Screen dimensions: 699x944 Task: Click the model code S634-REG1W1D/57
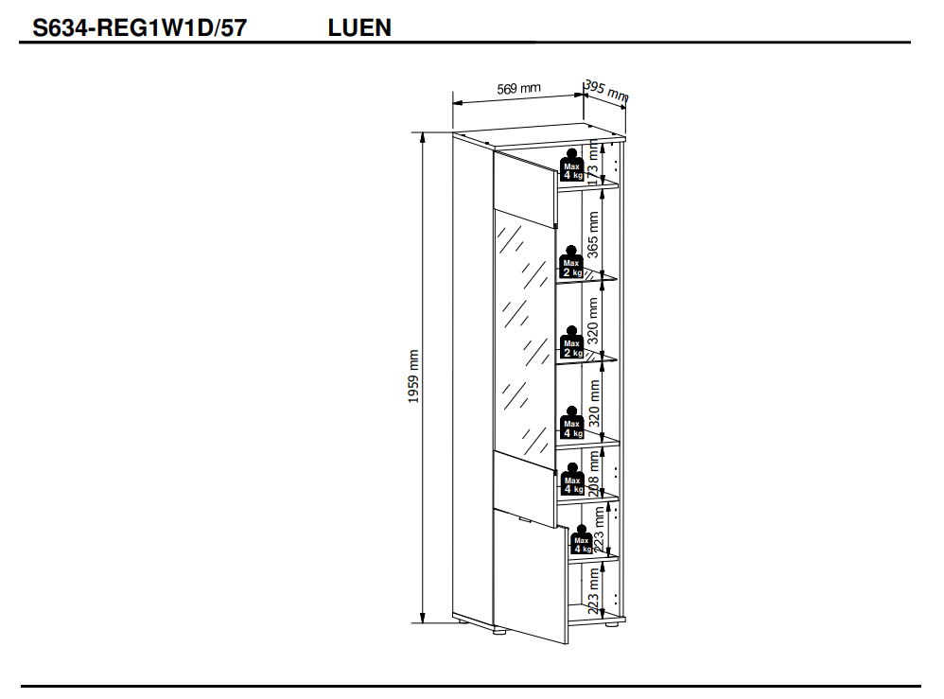click(x=139, y=28)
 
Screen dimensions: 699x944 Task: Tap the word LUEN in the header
click(x=359, y=28)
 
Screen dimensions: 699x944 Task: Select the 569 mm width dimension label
click(x=519, y=89)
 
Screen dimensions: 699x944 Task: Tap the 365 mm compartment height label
click(x=594, y=235)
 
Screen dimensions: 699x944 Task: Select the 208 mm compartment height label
click(x=594, y=472)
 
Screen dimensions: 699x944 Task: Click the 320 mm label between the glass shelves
click(x=594, y=321)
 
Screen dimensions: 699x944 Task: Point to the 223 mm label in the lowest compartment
click(x=594, y=593)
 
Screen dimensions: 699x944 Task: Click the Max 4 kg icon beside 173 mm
click(x=572, y=165)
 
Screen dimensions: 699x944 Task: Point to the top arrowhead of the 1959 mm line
click(x=422, y=136)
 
